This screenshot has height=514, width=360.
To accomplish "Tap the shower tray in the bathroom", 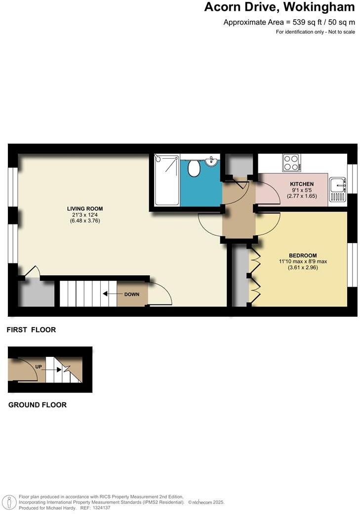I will click(166, 180).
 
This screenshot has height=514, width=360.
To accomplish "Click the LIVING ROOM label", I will click(85, 209).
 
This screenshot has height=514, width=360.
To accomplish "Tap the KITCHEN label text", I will click(302, 184).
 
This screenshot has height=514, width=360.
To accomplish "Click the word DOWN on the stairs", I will click(132, 294).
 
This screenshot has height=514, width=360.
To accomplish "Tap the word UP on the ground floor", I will click(39, 367).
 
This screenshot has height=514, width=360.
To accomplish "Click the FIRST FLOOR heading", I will click(31, 330).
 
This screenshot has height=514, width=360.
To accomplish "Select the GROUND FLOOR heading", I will click(38, 405).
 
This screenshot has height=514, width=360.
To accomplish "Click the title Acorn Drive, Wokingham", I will click(280, 7).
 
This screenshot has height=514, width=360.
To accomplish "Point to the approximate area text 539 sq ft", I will click(289, 22).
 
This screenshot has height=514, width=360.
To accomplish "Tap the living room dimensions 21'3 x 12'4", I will click(85, 215).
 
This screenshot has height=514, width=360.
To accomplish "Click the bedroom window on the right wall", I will click(351, 264).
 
